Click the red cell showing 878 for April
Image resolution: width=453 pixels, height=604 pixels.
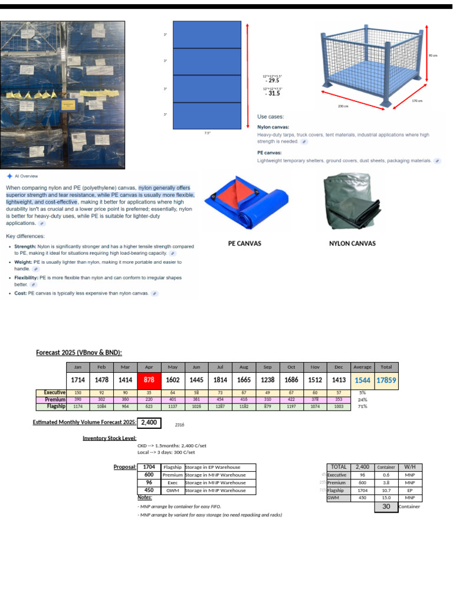(x=149, y=380)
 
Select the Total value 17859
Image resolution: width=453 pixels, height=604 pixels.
(x=387, y=380)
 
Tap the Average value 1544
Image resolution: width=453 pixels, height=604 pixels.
(x=362, y=380)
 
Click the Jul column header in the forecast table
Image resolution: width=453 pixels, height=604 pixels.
(x=221, y=366)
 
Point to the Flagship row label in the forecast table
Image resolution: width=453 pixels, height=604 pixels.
(x=56, y=406)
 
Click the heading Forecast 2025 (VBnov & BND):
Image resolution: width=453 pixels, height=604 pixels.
(x=79, y=353)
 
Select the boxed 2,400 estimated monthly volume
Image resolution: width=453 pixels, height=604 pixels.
(x=149, y=422)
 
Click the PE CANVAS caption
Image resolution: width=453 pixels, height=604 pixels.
(x=245, y=243)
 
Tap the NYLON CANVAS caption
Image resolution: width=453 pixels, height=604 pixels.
(x=352, y=243)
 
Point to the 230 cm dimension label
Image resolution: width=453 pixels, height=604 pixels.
(x=343, y=106)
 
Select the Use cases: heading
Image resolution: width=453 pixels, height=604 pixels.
(x=271, y=117)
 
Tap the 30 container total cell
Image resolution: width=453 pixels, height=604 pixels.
(x=386, y=506)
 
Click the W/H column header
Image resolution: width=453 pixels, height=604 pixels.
(x=410, y=467)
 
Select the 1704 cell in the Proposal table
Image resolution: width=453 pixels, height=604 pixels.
(x=149, y=467)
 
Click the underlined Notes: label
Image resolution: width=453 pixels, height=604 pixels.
(x=145, y=498)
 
